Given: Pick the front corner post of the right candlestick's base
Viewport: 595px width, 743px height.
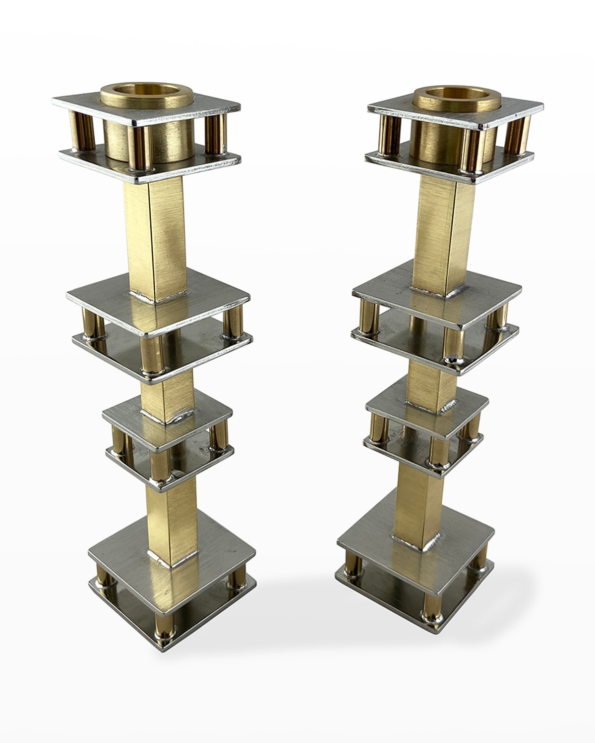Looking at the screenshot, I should coord(427,602).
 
